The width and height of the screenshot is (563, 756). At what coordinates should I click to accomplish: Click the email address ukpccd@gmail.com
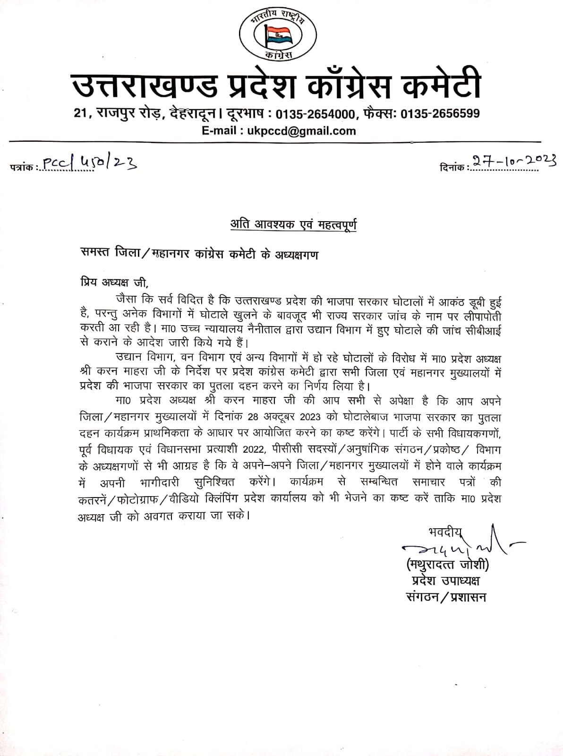301,131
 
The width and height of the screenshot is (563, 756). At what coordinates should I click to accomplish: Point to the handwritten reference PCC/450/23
90,163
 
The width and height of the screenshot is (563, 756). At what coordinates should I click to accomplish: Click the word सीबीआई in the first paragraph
483,328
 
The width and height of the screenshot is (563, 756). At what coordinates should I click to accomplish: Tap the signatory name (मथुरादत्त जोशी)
447,565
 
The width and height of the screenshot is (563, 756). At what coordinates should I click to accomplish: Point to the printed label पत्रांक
22,166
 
